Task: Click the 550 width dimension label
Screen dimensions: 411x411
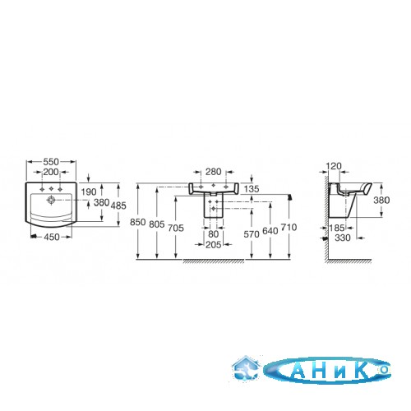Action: tap(51, 162)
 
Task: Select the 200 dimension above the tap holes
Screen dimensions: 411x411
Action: tap(51, 172)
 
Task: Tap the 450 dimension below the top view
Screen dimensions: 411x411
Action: tap(52, 237)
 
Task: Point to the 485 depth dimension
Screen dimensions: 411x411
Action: tap(118, 205)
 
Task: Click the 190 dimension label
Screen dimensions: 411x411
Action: tap(89, 192)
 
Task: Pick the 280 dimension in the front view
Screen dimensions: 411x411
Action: tap(214, 172)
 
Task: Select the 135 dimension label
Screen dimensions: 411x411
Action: tap(252, 189)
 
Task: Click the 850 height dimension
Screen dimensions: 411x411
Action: tap(137, 222)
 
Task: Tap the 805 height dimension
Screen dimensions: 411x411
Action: tap(157, 224)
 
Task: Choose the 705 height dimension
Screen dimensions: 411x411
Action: tap(176, 228)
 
